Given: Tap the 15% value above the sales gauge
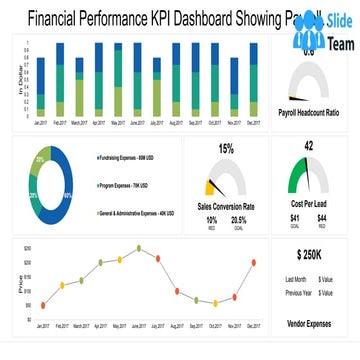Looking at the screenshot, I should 225,148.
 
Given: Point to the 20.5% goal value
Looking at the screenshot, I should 239,219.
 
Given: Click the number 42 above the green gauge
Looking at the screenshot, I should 309,145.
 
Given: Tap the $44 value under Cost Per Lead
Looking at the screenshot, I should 323,218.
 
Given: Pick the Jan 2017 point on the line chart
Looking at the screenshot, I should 42,305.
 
